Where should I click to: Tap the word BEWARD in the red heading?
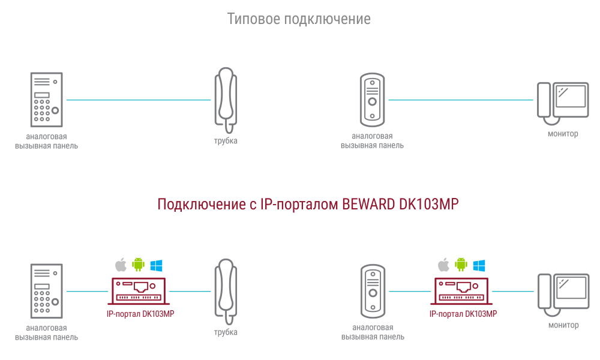[368, 204]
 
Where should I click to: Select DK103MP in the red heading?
[428, 204]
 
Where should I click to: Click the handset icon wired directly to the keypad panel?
[226, 101]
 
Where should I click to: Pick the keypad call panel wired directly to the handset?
[47, 100]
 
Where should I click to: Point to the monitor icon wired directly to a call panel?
[563, 103]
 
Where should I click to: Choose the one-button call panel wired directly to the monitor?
[373, 100]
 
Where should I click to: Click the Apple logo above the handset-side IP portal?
[121, 265]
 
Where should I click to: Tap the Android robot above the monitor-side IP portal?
[461, 265]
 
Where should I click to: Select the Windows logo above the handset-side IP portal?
[156, 265]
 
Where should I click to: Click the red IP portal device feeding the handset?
[139, 292]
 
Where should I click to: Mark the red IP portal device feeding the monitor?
[461, 292]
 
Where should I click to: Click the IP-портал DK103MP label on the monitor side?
[463, 314]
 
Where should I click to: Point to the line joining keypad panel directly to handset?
[139, 100]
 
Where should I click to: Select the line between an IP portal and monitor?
[513, 292]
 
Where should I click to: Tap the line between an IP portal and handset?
[190, 292]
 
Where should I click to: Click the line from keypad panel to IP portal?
[87, 292]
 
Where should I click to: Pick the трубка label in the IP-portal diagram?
[226, 332]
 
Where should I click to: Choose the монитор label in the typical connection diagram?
[563, 134]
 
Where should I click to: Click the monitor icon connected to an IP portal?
[563, 295]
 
